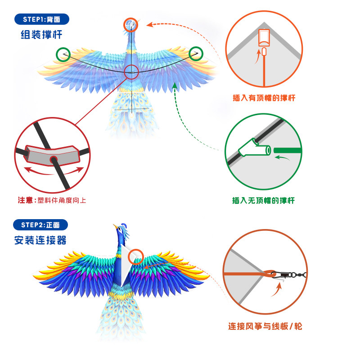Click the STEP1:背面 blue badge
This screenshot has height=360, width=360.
click(43, 19)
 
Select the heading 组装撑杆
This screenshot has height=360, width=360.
click(41, 35)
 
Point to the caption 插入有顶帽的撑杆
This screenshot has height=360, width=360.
click(264, 98)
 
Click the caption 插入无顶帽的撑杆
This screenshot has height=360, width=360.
click(263, 200)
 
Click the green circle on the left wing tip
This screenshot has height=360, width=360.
click(63, 54)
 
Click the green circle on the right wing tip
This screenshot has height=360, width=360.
click(196, 54)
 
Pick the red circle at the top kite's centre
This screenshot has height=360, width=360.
click(131, 72)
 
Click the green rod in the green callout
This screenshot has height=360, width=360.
click(288, 149)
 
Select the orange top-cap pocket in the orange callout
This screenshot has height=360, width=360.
click(264, 38)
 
